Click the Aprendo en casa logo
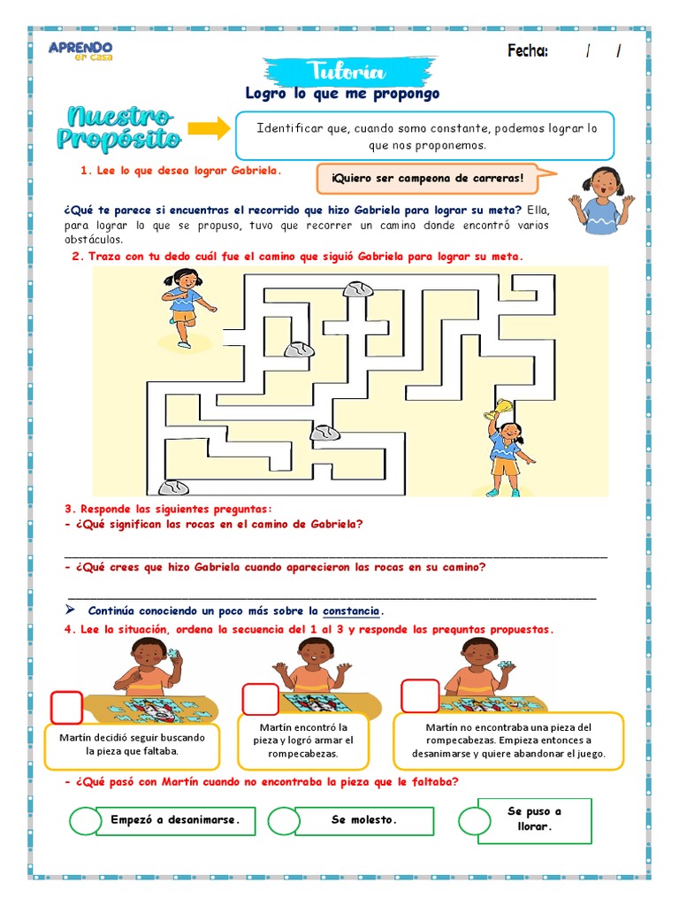(80, 50)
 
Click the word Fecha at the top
(528, 51)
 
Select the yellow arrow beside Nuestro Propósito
(210, 129)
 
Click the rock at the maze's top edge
(358, 288)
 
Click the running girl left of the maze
(187, 305)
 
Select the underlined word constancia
(352, 611)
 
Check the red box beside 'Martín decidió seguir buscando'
(66, 707)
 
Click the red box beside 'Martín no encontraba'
(420, 696)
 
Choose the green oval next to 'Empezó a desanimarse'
(86, 820)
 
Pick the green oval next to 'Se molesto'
(285, 820)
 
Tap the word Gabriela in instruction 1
(256, 170)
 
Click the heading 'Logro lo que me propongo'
(341, 94)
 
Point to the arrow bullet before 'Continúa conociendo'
(71, 611)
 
